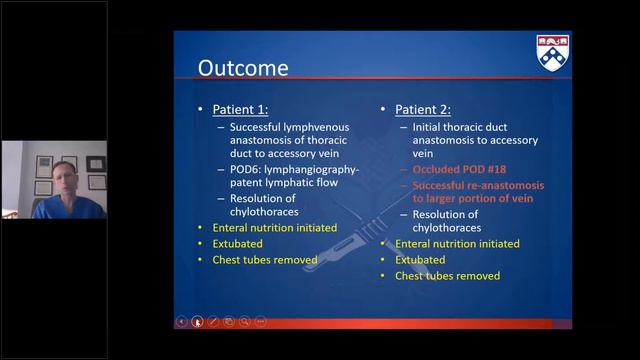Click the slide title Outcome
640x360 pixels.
(x=243, y=69)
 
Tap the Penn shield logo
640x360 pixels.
(x=553, y=50)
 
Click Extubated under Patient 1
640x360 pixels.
(x=236, y=243)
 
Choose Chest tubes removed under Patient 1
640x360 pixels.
(x=264, y=259)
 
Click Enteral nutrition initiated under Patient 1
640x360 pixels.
(x=274, y=227)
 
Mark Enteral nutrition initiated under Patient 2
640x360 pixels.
(x=457, y=243)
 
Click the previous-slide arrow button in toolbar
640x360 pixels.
(x=181, y=321)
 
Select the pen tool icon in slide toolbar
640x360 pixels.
(x=213, y=321)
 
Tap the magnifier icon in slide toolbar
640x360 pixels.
(x=244, y=321)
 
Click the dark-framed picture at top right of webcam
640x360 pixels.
(x=95, y=163)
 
